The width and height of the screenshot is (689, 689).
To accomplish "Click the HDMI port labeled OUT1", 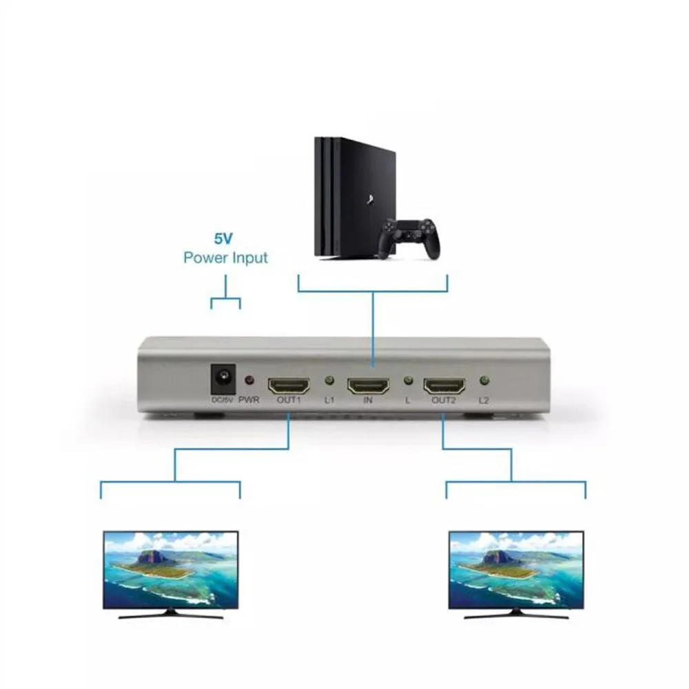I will tap(289, 384).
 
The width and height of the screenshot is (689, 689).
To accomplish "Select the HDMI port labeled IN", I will tap(368, 384).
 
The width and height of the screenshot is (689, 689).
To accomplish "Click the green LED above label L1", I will tap(329, 380).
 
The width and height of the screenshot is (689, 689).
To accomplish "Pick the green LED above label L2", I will tap(484, 380).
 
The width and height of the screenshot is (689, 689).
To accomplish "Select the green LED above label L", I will tap(407, 380).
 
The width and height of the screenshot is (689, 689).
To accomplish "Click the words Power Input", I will tap(225, 259).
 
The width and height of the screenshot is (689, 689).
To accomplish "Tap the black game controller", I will tap(410, 236).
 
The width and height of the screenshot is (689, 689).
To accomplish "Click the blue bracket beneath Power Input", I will tap(225, 301).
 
